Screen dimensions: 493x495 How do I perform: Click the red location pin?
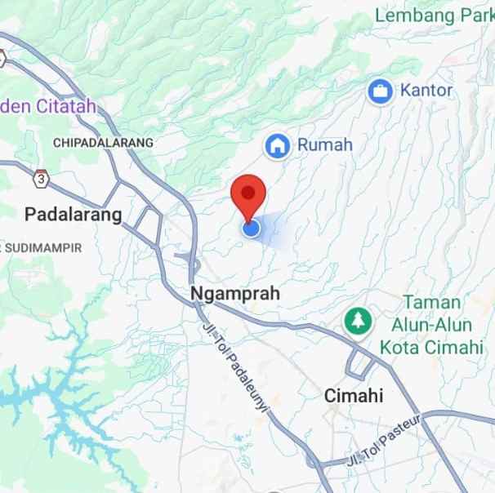[x=248, y=194]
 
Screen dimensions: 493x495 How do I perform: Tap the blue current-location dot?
[x=252, y=229]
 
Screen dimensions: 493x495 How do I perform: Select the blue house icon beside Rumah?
[x=278, y=146]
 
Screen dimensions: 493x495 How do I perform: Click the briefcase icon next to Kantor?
[x=380, y=91]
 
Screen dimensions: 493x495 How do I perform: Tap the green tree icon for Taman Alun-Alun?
[x=357, y=319]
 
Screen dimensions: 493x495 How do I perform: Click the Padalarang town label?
[x=73, y=215]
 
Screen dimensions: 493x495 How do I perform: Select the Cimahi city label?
[x=353, y=396]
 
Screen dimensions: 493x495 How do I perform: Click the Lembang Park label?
[x=435, y=15]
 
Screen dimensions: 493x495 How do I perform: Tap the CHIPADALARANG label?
[x=103, y=142]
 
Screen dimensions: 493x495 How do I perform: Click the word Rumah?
[x=324, y=145]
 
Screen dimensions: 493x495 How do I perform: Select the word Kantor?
[x=426, y=90]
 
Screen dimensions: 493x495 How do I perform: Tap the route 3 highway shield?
[x=41, y=178]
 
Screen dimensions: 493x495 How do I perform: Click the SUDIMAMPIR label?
[x=43, y=247]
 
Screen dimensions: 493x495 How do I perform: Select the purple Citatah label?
[x=49, y=106]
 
